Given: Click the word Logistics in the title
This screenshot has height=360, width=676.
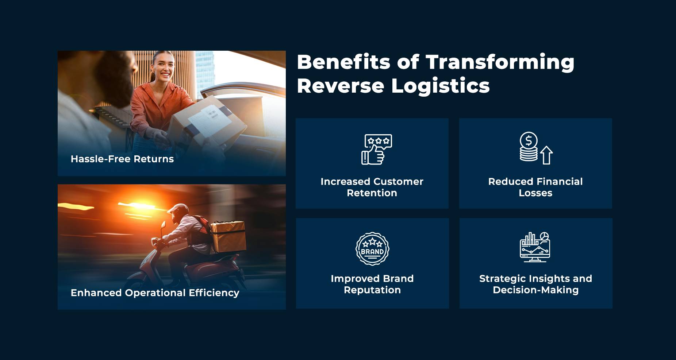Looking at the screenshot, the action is pos(440,86).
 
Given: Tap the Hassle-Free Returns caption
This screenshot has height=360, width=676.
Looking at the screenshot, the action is pos(122,159).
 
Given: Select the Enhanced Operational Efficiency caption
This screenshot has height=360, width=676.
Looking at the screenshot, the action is pos(155,293).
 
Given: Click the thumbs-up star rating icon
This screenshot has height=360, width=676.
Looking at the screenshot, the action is pos(376,149).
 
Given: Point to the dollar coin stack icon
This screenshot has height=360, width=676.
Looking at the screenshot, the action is pos(529,147).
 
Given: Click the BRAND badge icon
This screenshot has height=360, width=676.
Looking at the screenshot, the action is pos(372,249).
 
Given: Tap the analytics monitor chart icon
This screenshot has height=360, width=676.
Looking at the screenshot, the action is pos(535,247).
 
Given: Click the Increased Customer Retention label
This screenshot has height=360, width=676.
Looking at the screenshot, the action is pos(372,187).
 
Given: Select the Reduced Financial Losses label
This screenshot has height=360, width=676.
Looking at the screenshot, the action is pos(535,187).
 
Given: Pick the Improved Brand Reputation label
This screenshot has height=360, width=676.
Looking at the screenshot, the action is pos(372,284).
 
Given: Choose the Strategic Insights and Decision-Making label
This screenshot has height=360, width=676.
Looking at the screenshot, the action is pos(535,284).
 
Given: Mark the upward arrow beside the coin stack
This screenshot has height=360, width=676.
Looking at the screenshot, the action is pos(546,155).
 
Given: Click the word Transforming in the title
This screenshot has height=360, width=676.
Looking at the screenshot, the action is pos(500,62).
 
